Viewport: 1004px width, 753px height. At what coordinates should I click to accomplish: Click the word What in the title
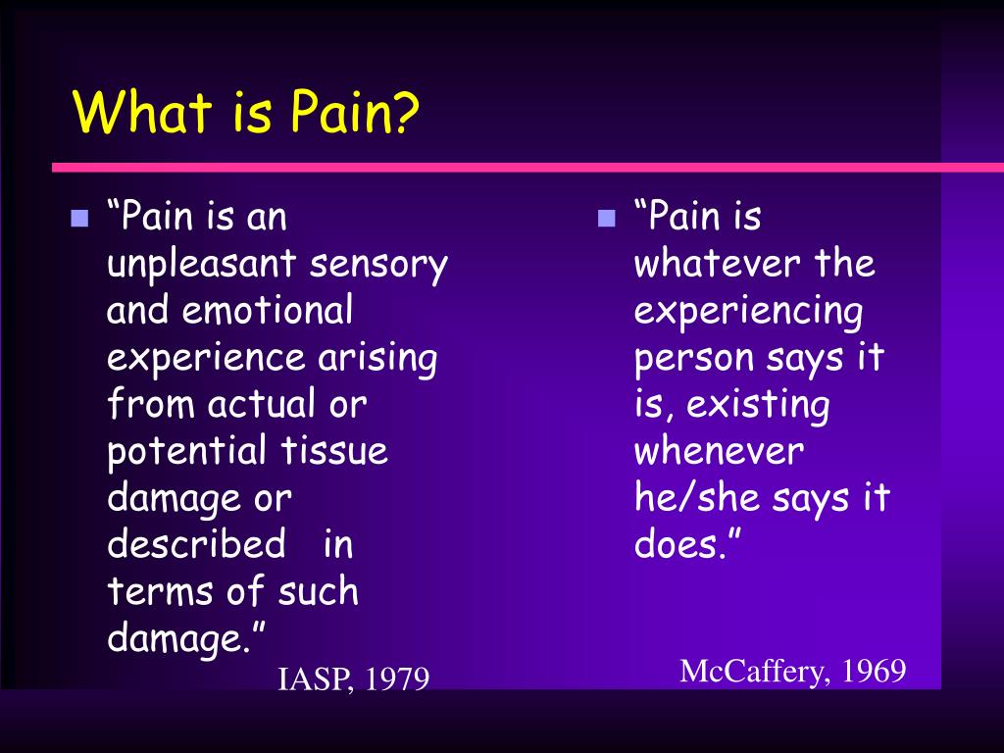coord(142,112)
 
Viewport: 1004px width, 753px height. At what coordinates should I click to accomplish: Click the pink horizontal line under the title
coord(527,168)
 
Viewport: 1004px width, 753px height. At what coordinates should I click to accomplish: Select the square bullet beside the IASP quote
coord(79,219)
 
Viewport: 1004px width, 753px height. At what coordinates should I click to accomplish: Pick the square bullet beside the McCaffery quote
coord(606,219)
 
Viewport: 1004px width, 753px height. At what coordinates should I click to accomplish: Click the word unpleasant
coord(201,265)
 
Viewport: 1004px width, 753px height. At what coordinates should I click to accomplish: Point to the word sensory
coord(378,266)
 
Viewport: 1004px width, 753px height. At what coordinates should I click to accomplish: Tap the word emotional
coord(267,310)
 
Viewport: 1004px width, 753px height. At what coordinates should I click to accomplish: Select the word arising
coord(377,359)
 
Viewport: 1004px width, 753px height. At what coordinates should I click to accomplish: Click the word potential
coord(186,452)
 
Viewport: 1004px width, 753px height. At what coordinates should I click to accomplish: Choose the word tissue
coord(334,450)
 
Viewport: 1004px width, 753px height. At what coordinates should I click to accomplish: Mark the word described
coord(196,543)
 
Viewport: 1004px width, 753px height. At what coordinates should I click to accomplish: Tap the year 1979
coord(397,679)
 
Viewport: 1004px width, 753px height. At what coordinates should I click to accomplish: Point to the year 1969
coord(874,672)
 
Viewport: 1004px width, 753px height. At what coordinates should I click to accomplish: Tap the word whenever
coord(719,451)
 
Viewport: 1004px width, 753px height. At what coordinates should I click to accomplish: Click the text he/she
coord(696,497)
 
